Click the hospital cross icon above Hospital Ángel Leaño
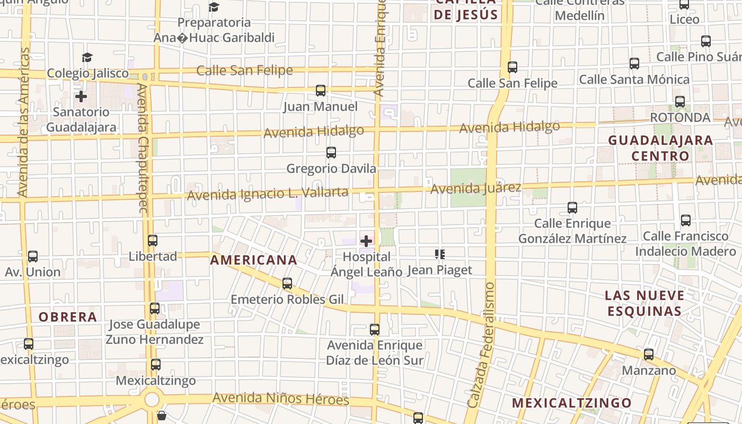366,242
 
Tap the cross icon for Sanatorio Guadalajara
81,96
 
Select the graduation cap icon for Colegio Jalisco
87,57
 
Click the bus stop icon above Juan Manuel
321,91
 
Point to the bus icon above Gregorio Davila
331,153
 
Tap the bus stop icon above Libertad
153,241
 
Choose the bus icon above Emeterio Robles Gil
287,284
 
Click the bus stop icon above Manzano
649,355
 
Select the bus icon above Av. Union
33,257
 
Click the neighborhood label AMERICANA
254,260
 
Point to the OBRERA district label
68,317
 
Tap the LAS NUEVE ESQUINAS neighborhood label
645,303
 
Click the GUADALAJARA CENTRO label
660,148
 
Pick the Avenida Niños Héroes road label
280,399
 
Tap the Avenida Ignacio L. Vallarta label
268,193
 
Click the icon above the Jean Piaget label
439,254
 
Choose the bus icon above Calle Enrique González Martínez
572,208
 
